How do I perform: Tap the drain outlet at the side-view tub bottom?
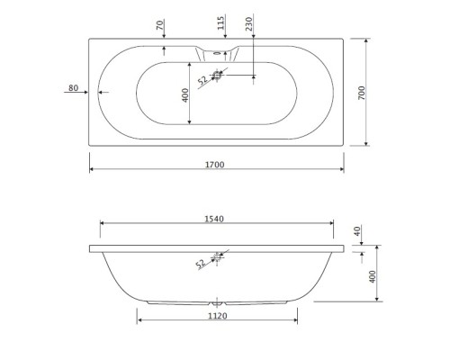216,303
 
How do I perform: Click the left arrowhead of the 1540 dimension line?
102,225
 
